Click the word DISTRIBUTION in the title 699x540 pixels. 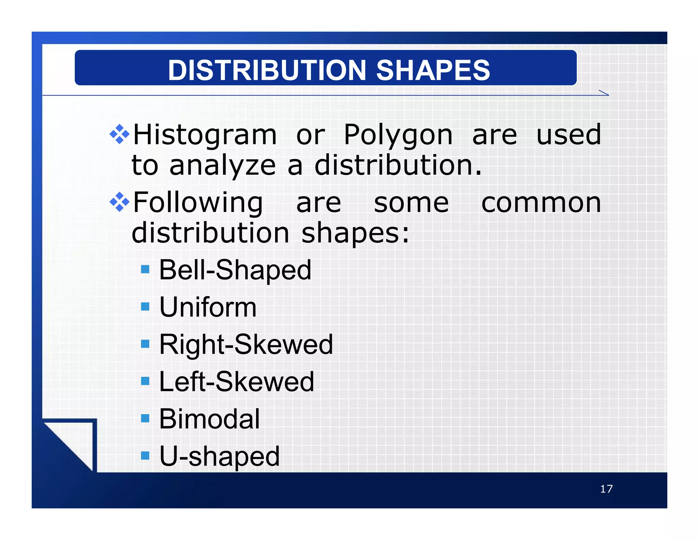tap(267, 70)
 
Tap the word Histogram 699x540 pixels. tap(205, 135)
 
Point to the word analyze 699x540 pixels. tap(223, 166)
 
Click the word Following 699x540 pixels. tap(198, 203)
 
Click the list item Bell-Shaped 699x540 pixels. tap(235, 270)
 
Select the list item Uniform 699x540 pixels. tap(208, 307)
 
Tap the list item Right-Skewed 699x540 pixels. tap(246, 344)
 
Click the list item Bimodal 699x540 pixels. tap(210, 419)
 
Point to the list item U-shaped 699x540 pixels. tap(219, 456)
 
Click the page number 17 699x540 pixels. tap(606, 489)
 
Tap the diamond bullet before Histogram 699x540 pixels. tap(119, 134)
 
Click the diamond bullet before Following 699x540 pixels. tap(119, 202)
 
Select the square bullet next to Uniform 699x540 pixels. tap(145, 307)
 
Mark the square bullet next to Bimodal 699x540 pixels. tap(145, 418)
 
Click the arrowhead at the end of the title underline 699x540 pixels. tap(604, 93)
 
